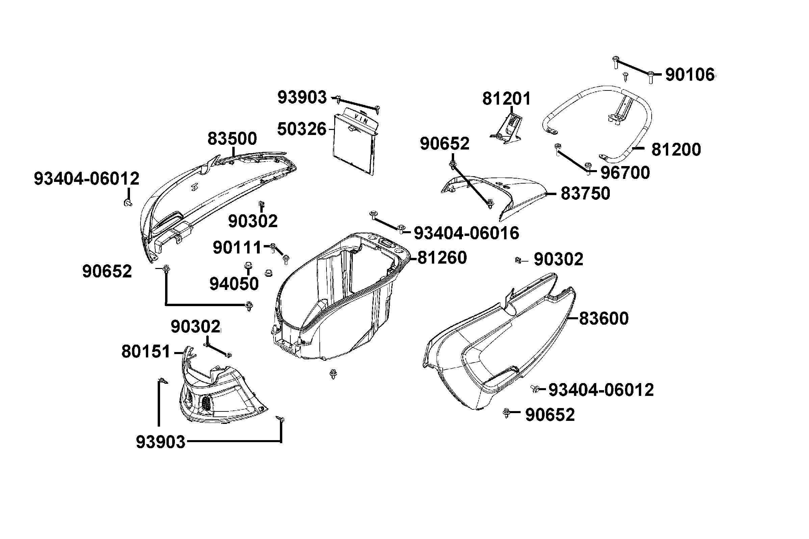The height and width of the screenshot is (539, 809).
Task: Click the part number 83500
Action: pyautogui.click(x=232, y=139)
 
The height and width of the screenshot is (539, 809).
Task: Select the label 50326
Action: pyautogui.click(x=302, y=129)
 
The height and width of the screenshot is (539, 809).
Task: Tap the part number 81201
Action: pyautogui.click(x=506, y=99)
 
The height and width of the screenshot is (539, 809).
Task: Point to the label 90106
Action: pyautogui.click(x=690, y=75)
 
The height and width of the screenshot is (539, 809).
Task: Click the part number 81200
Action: pyautogui.click(x=676, y=150)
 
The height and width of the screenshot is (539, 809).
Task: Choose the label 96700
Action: pyautogui.click(x=625, y=173)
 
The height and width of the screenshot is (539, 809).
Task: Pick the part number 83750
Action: pyautogui.click(x=585, y=193)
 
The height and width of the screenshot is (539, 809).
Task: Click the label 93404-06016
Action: pyautogui.click(x=467, y=234)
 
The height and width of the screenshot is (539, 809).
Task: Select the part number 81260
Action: pyautogui.click(x=442, y=258)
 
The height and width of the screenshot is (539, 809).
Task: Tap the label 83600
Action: pyautogui.click(x=604, y=319)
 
